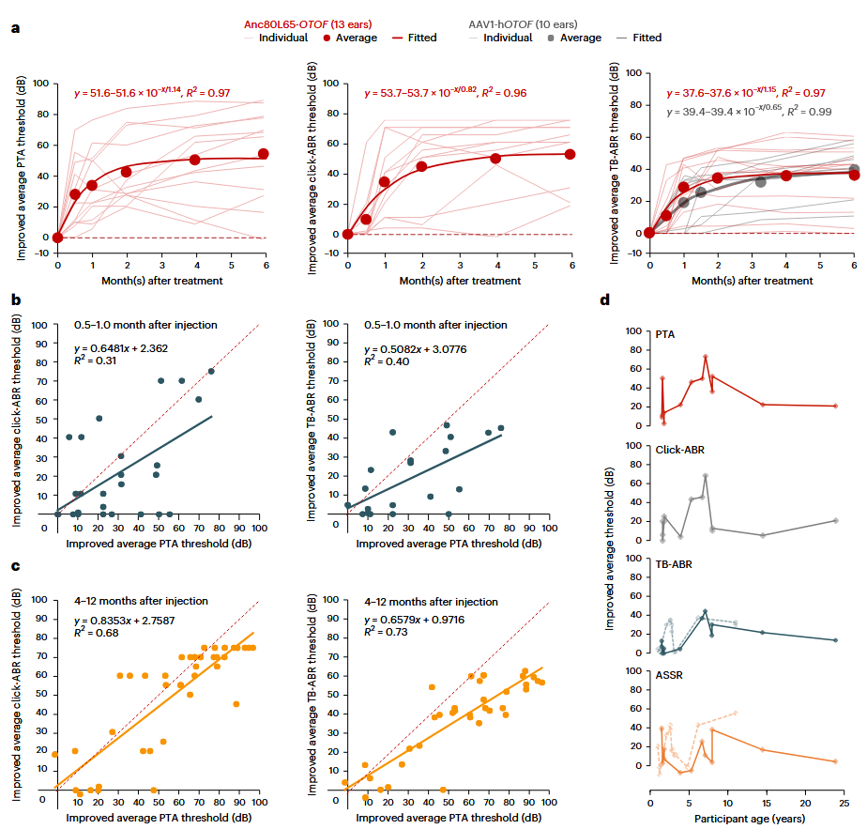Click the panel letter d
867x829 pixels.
click(605, 300)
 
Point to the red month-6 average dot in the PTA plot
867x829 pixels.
click(264, 154)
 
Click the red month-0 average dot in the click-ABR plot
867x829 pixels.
click(348, 234)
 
